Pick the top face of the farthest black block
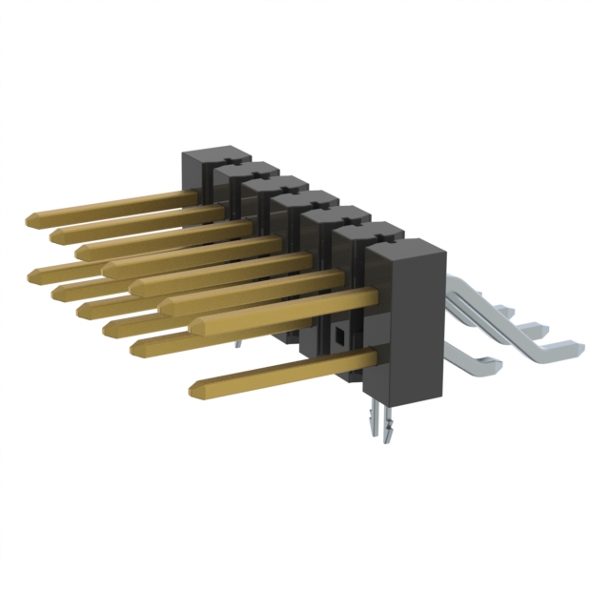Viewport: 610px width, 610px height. [212, 155]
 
